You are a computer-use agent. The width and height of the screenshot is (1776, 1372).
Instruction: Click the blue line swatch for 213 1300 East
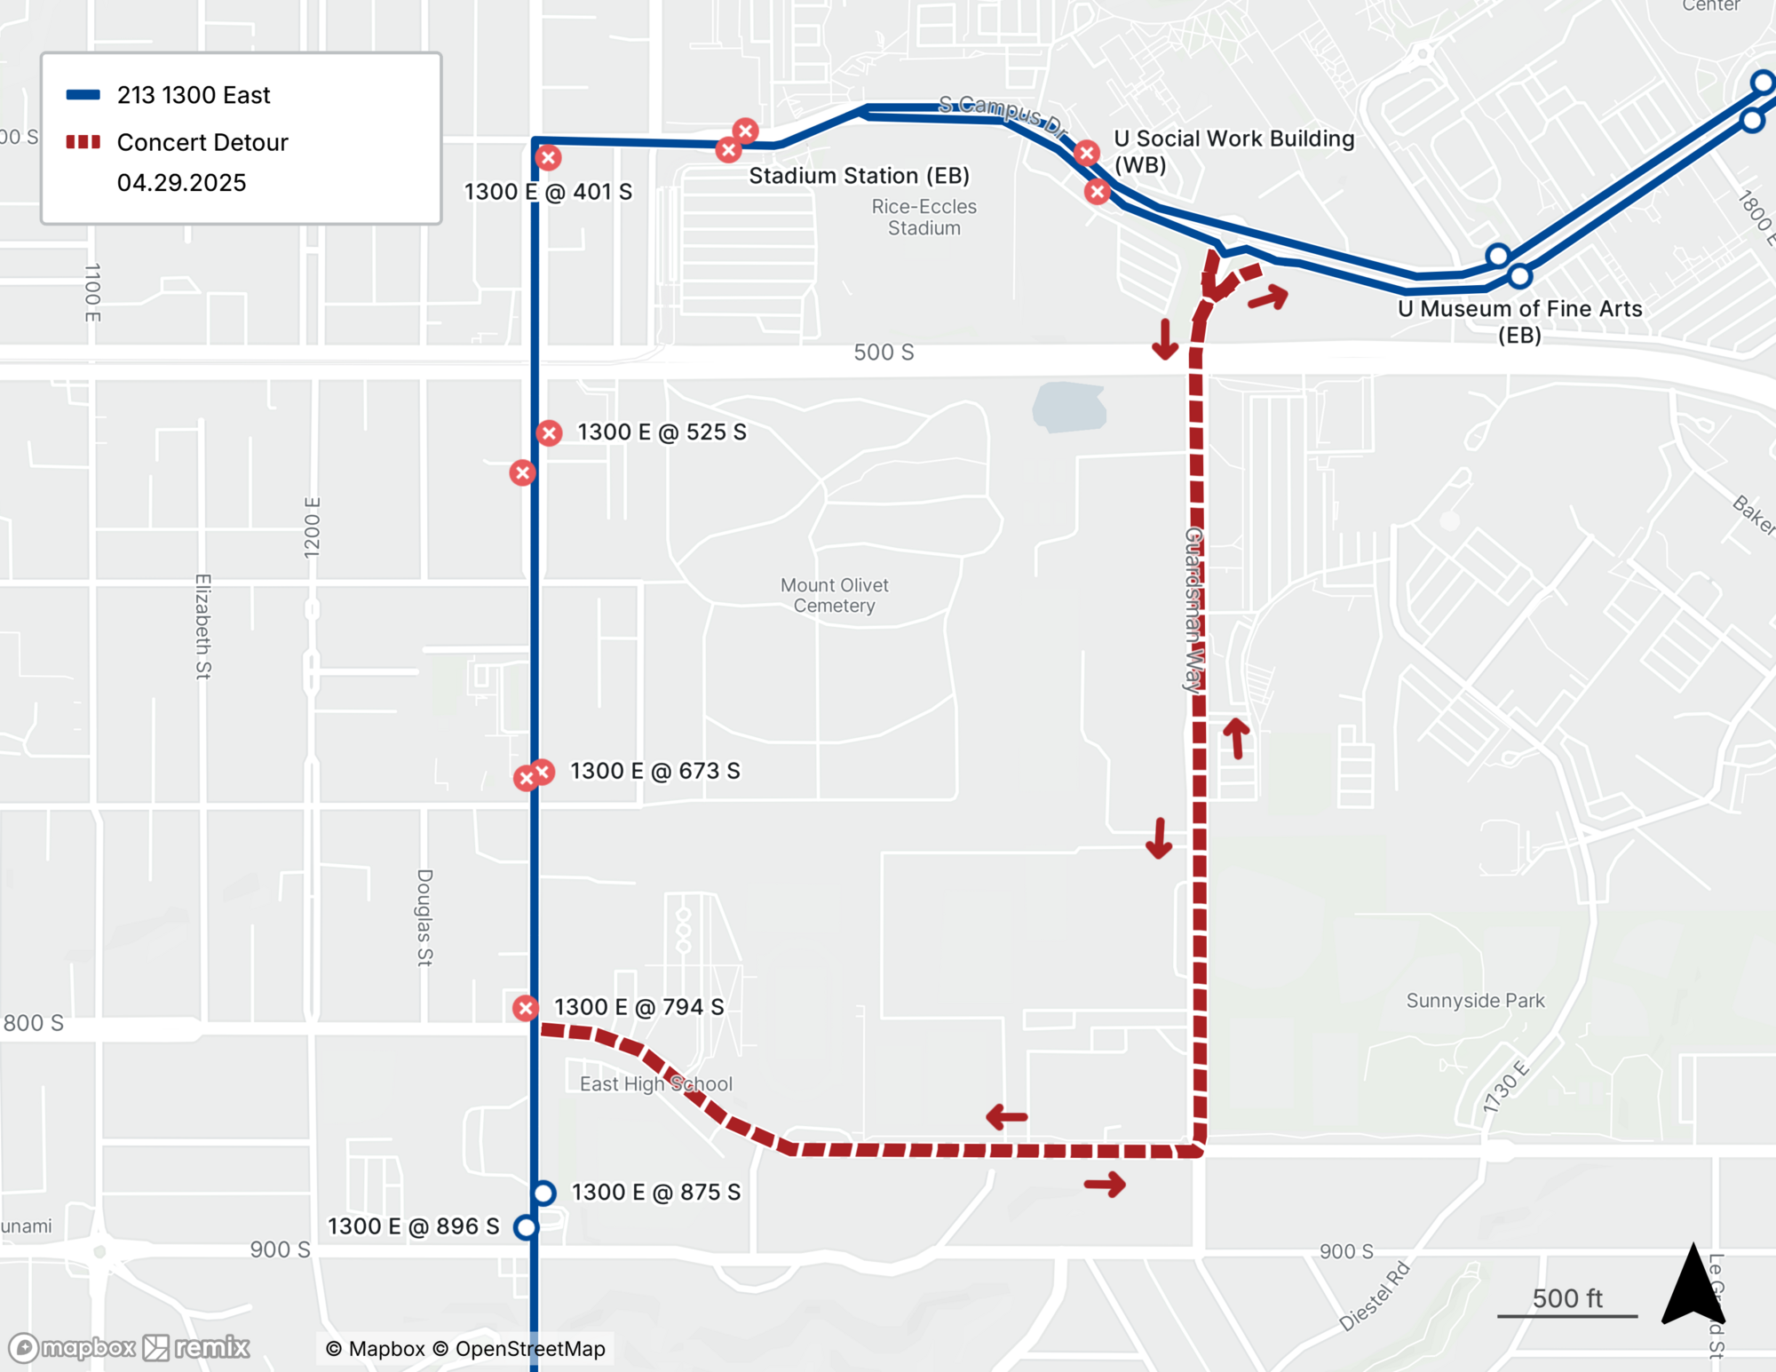(83, 95)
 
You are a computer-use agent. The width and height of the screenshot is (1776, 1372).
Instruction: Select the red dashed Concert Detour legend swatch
(83, 142)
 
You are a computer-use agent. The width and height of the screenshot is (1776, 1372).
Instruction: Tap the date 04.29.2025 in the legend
(181, 183)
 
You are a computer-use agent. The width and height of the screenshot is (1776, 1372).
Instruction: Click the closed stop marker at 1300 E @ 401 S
(548, 158)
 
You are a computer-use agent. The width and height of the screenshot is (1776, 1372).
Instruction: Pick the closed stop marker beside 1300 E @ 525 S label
(549, 433)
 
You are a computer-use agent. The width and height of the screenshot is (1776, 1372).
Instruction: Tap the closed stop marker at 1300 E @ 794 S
(526, 1008)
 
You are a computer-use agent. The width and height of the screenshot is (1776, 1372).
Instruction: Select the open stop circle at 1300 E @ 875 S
(543, 1193)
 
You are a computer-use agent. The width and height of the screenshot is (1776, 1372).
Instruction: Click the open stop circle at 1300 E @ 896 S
(526, 1227)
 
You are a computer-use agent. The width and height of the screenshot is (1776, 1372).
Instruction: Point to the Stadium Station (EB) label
(859, 176)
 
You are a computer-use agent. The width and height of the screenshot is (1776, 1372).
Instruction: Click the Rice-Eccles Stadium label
(924, 218)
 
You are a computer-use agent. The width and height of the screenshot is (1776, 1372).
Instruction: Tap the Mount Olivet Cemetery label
(834, 596)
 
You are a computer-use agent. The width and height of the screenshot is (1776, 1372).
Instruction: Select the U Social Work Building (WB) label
(1233, 151)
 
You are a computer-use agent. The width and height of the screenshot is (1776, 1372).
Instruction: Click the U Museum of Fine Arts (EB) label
(1519, 321)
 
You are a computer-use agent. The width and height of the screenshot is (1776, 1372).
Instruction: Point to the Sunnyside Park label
(1475, 1001)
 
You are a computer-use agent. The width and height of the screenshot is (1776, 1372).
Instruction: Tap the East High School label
(655, 1084)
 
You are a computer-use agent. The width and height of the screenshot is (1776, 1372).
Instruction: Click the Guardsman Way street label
(1193, 610)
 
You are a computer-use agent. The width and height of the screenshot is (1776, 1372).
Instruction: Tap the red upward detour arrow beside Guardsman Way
(1236, 737)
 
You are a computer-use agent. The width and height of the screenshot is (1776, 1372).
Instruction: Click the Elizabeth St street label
(203, 626)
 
